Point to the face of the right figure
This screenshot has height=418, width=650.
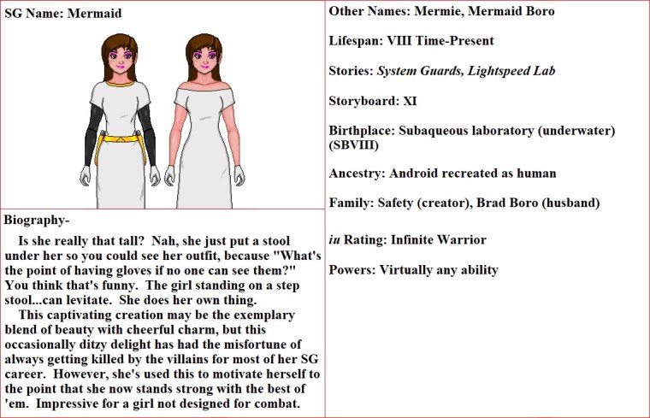point(204,62)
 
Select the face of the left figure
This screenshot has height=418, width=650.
point(121,62)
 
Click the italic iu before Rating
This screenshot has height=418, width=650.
point(335,240)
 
